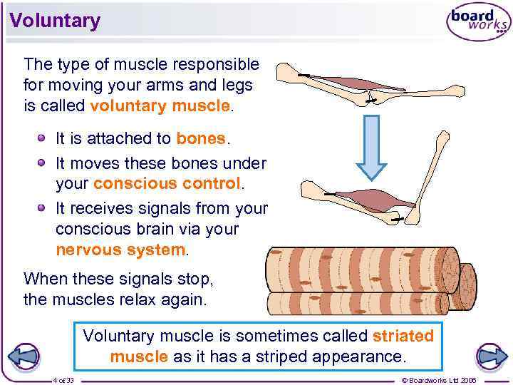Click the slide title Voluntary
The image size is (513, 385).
(x=55, y=21)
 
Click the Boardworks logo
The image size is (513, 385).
(x=478, y=23)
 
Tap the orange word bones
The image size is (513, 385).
(x=201, y=138)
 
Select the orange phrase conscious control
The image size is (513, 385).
(x=167, y=183)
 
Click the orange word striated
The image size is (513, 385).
(x=403, y=335)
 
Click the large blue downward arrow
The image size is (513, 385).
(x=371, y=147)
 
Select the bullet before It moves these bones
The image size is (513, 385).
(x=43, y=162)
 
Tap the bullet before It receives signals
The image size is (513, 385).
(x=43, y=207)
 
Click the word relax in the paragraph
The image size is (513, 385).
(x=141, y=299)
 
